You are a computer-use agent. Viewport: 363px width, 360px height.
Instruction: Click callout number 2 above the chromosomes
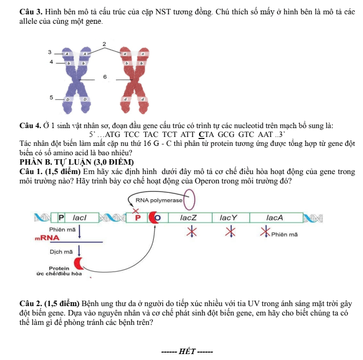[x=104, y=44]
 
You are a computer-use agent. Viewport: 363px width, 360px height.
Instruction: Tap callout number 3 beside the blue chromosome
[x=50, y=52]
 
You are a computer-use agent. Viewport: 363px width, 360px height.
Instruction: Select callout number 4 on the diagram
[x=51, y=62]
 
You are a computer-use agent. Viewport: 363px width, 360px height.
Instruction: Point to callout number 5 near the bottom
[x=51, y=97]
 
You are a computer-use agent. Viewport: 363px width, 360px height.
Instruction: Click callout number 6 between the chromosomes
[x=105, y=77]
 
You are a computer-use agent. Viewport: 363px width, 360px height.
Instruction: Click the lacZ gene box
[x=190, y=218]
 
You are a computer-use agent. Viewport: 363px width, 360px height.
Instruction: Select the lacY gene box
[x=231, y=218]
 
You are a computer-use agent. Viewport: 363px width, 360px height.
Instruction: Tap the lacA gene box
[x=276, y=218]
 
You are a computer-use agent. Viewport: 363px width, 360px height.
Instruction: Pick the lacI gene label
[x=80, y=218]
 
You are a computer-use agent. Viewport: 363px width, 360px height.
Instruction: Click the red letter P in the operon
[x=138, y=218]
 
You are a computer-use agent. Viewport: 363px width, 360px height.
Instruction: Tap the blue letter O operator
[x=158, y=218]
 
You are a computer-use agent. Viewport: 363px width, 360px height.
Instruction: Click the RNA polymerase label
[x=159, y=200]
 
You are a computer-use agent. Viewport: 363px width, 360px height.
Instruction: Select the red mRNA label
[x=47, y=238]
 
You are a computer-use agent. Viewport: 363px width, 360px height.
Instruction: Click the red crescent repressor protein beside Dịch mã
[x=78, y=264]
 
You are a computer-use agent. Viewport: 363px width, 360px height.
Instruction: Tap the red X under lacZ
[x=192, y=231]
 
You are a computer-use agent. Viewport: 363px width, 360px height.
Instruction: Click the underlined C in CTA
[x=202, y=135]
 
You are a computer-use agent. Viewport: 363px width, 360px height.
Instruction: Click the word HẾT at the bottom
[x=187, y=352]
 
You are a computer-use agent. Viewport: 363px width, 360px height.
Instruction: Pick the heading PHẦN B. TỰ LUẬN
[x=77, y=162]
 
